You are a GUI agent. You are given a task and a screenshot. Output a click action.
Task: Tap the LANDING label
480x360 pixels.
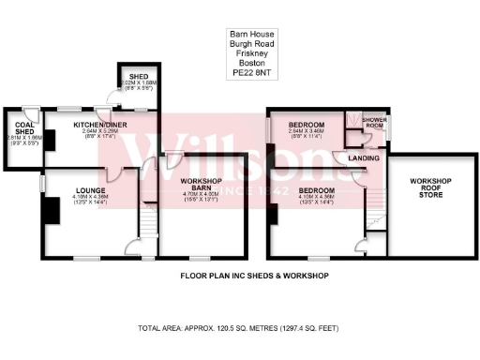[x=363, y=157]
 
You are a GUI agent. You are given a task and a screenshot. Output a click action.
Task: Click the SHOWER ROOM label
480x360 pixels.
[x=375, y=123]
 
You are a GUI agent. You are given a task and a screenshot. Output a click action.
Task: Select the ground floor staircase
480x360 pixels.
[x=146, y=223]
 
